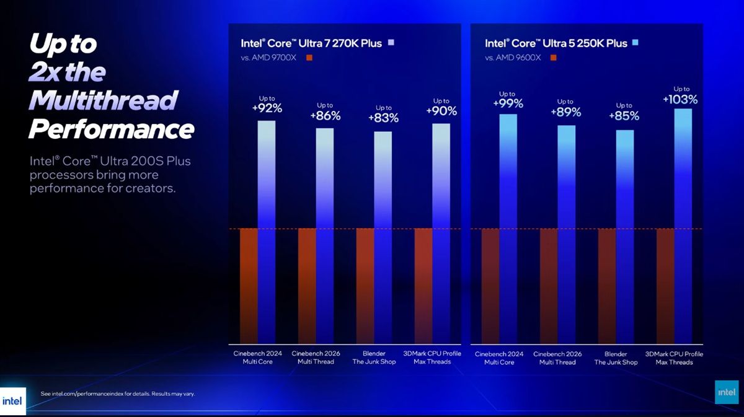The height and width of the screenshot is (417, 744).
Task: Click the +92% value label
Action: (x=267, y=108)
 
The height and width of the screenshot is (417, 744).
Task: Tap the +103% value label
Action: (x=681, y=99)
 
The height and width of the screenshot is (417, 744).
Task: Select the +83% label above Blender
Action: (x=383, y=118)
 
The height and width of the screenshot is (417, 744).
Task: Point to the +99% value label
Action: (x=507, y=103)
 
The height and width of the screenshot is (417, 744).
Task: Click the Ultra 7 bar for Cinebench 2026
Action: (x=325, y=235)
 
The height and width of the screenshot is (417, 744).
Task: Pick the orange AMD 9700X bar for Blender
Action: (x=365, y=286)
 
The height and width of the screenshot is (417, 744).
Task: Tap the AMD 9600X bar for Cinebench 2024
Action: (x=490, y=286)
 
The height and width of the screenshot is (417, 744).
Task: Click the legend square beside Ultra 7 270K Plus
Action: (x=391, y=43)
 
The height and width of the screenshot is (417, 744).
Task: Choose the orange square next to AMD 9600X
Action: (x=553, y=58)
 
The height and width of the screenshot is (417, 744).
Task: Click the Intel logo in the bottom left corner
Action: (x=12, y=400)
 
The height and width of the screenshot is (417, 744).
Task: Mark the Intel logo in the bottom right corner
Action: (x=727, y=393)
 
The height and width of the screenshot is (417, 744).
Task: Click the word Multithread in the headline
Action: (x=104, y=100)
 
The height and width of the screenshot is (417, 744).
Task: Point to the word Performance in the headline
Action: (x=112, y=129)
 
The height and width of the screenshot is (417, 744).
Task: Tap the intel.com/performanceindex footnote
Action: (x=117, y=393)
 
